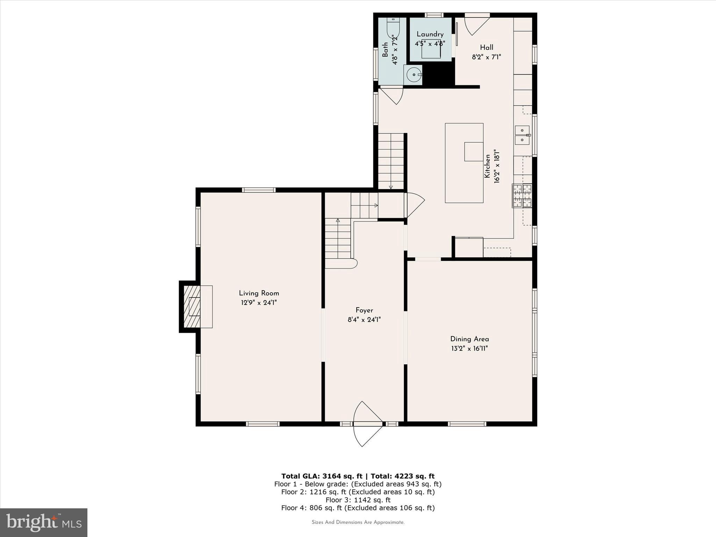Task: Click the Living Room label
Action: [259, 293]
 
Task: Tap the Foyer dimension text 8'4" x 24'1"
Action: [364, 320]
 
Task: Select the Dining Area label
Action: [470, 339]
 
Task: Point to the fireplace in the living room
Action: [196, 307]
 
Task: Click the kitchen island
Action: [464, 163]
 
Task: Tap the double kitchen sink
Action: [522, 135]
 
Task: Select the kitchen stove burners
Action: [522, 196]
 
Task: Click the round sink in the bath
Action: [413, 75]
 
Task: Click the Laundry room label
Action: [430, 34]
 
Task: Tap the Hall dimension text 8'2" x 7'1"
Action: [487, 57]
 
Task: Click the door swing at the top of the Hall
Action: [477, 24]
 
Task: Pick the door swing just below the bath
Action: [392, 95]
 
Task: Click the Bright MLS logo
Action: [44, 522]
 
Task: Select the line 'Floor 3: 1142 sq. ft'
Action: [358, 500]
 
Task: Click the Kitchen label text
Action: [487, 166]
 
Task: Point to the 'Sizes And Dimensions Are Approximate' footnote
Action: [358, 522]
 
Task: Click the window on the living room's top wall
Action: [259, 190]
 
